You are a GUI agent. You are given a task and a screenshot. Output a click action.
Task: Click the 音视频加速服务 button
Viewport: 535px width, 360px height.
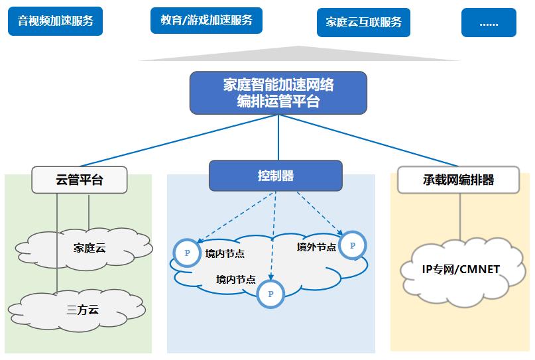tap(55, 21)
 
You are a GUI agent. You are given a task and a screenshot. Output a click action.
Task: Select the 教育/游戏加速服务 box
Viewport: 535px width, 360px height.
tap(206, 20)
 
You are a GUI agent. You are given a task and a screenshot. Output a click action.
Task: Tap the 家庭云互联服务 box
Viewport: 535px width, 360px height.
tap(364, 22)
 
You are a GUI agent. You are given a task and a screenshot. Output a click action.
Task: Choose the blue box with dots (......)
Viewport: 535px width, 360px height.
tap(489, 22)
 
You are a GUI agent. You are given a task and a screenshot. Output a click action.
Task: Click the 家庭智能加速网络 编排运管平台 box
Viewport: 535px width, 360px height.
tap(278, 92)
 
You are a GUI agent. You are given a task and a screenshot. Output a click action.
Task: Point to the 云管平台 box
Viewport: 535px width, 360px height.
tap(80, 180)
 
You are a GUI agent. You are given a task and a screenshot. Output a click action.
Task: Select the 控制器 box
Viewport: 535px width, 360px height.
tap(276, 176)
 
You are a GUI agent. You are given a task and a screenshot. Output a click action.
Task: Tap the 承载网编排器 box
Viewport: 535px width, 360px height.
tap(459, 180)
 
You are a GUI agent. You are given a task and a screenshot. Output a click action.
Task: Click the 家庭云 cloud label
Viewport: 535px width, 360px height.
tap(89, 249)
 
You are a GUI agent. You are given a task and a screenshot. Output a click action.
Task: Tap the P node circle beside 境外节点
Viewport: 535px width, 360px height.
tap(352, 245)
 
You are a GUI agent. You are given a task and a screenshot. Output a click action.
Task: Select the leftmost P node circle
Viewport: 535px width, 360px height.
tap(187, 253)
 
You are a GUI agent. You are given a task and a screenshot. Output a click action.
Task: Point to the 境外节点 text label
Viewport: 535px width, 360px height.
tap(316, 247)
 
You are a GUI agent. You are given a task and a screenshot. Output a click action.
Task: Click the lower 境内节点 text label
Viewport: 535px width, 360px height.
tap(235, 280)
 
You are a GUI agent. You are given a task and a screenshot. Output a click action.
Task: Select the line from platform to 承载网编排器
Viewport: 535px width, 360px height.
tap(371, 140)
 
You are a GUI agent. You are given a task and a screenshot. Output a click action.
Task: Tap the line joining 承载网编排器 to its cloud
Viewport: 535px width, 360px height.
tap(459, 218)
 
